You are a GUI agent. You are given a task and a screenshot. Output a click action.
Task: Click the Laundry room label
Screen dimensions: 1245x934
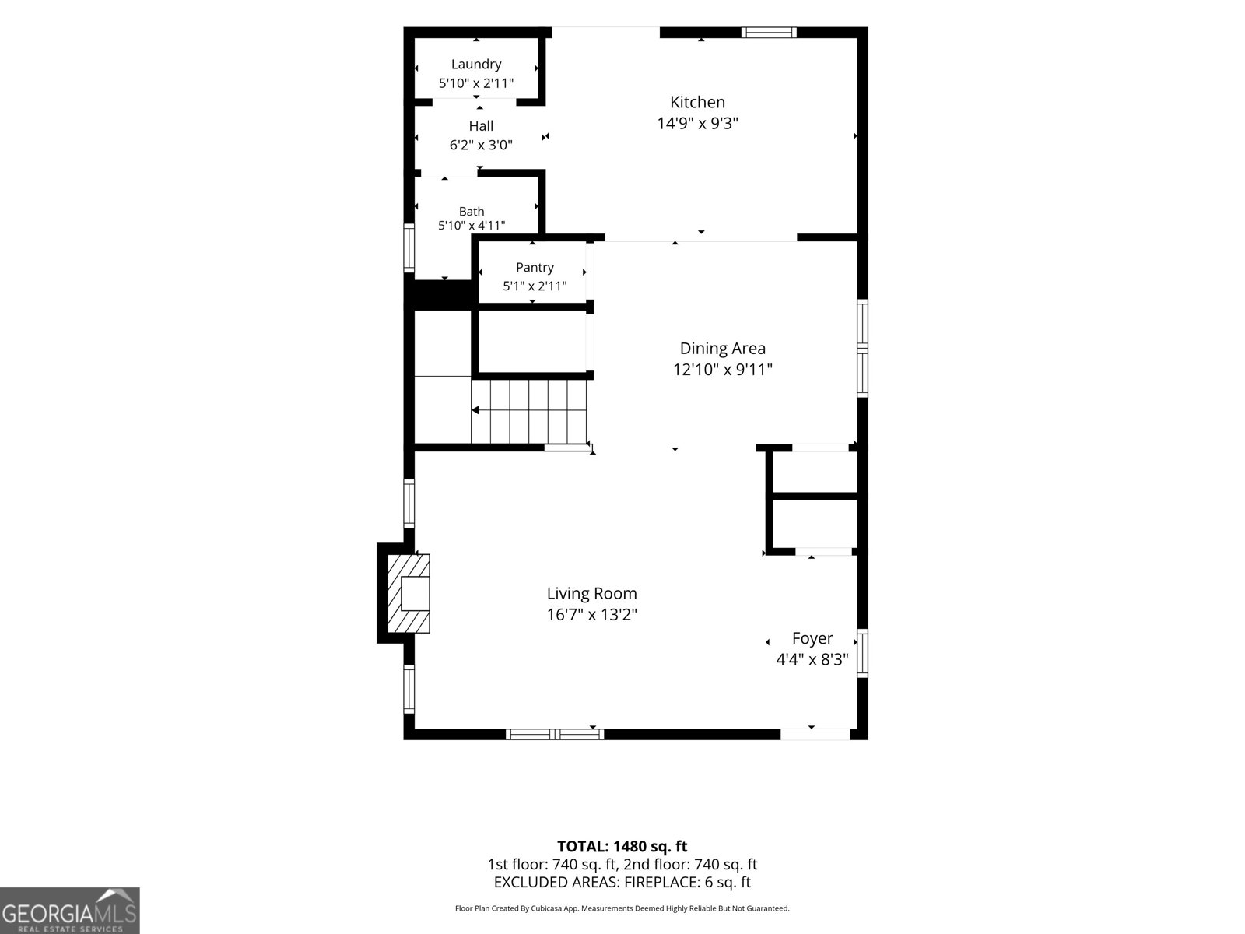[476, 64]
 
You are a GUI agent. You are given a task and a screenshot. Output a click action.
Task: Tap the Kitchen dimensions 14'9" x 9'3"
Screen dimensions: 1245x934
[698, 123]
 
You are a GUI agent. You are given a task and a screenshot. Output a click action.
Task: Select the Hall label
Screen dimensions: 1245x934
[481, 126]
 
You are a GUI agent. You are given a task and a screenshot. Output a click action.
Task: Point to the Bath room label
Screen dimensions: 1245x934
[472, 212]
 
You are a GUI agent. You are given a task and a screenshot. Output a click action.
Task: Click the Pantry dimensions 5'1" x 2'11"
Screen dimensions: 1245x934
[535, 286]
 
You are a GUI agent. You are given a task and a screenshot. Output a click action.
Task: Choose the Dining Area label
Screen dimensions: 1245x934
[723, 348]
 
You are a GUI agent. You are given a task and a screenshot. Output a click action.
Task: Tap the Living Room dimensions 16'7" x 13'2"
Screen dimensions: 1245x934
[591, 615]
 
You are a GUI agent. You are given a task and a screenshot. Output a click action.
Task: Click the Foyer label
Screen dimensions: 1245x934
[812, 638]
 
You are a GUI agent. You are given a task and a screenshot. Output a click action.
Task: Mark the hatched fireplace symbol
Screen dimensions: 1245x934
[409, 593]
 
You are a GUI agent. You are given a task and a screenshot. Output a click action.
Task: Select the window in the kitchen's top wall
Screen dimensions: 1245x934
[769, 33]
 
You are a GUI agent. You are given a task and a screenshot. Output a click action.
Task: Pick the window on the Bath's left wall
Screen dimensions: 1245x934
[409, 248]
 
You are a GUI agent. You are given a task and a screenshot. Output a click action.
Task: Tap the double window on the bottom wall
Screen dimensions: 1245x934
[555, 735]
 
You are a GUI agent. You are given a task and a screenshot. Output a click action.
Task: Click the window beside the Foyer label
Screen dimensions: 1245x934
[862, 653]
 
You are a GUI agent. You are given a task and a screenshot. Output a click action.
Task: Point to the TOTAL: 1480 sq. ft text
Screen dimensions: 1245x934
[622, 847]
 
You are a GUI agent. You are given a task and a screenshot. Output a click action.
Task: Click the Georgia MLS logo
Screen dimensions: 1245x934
[70, 911]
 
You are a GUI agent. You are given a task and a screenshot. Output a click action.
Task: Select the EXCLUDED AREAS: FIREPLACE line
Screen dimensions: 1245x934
[622, 882]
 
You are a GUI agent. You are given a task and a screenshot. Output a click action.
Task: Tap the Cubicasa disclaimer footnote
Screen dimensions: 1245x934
[622, 908]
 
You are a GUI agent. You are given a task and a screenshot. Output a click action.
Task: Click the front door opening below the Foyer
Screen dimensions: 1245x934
[815, 735]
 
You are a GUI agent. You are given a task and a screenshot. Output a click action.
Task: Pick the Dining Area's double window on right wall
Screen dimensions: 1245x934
[862, 348]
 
